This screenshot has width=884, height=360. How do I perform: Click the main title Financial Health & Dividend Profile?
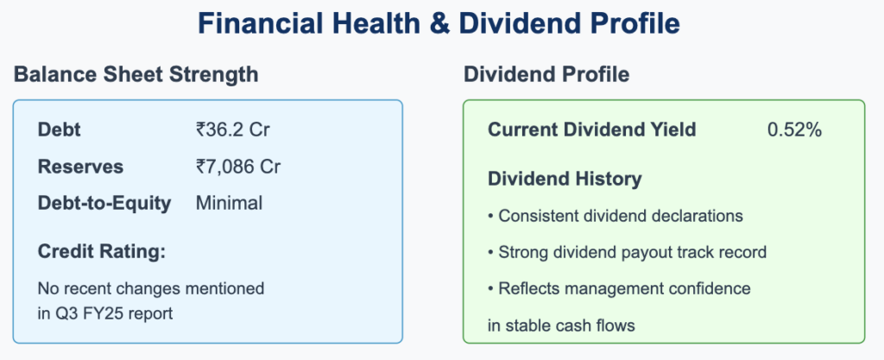[439, 23]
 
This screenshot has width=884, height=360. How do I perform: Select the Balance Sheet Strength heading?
[136, 74]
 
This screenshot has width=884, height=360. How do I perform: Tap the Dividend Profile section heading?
[546, 74]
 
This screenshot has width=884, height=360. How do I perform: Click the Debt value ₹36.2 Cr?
[233, 129]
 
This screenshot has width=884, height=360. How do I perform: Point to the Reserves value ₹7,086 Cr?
[238, 167]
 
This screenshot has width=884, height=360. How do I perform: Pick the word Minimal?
[229, 203]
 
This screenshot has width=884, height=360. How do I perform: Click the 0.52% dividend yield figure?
[794, 129]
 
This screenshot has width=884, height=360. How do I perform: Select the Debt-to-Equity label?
[104, 204]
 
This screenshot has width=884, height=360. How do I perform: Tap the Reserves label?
[80, 167]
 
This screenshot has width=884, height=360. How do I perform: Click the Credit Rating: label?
[102, 252]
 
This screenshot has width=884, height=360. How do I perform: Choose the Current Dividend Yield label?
[592, 129]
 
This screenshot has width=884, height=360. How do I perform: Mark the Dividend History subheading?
[565, 179]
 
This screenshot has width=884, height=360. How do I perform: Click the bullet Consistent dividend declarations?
[615, 216]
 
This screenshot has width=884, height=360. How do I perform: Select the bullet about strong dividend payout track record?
[627, 252]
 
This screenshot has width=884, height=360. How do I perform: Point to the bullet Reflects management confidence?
[619, 288]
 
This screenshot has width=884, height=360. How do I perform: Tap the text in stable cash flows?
[561, 325]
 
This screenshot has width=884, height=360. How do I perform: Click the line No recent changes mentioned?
[151, 288]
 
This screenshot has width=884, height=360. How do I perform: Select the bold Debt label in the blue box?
[60, 129]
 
